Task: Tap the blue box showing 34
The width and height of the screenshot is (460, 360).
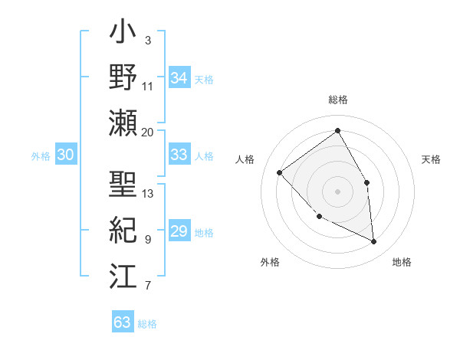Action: [x=179, y=77]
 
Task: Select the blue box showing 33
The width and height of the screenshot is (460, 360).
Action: [x=179, y=155]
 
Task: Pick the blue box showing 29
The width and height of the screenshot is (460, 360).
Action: [x=179, y=231]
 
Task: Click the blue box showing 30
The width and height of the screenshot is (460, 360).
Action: [x=65, y=155]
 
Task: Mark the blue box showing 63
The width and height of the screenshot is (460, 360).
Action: [x=122, y=322]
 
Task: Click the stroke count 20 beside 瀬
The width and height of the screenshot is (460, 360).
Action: [x=148, y=132]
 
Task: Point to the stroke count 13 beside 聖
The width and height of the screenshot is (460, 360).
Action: [x=148, y=193]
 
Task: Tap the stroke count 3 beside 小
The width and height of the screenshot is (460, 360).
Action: [x=147, y=40]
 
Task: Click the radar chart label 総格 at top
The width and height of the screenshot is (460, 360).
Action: [x=337, y=100]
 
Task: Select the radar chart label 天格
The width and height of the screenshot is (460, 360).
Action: [x=431, y=159]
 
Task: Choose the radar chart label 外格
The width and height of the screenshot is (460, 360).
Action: [x=270, y=262]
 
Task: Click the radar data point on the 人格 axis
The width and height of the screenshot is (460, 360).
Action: [x=280, y=172]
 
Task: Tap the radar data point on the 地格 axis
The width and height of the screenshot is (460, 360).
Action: [x=374, y=241]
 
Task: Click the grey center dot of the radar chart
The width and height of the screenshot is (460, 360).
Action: [x=337, y=191]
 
